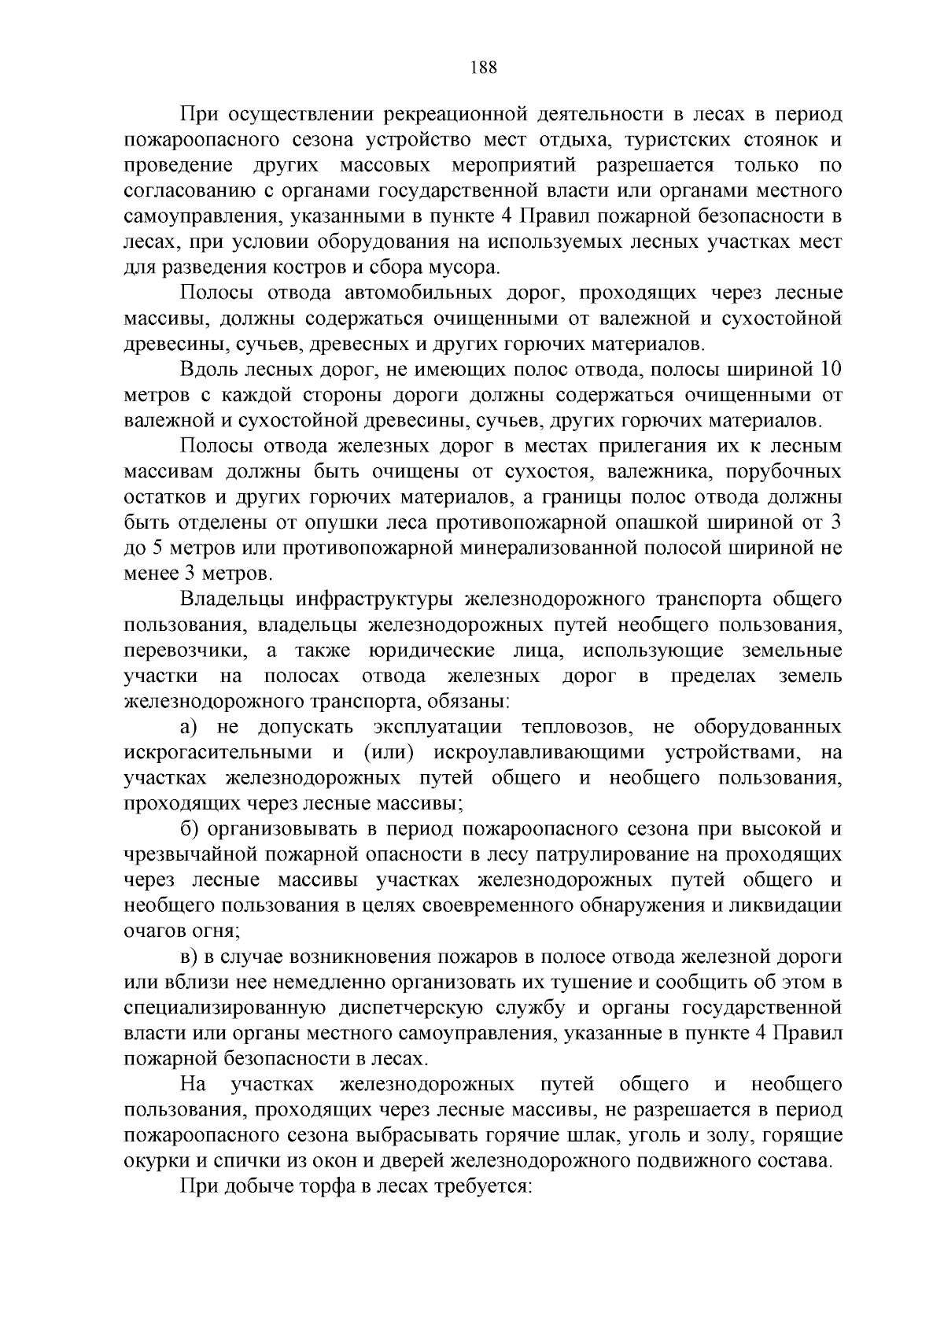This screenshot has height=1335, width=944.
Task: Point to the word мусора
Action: click(x=463, y=267)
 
